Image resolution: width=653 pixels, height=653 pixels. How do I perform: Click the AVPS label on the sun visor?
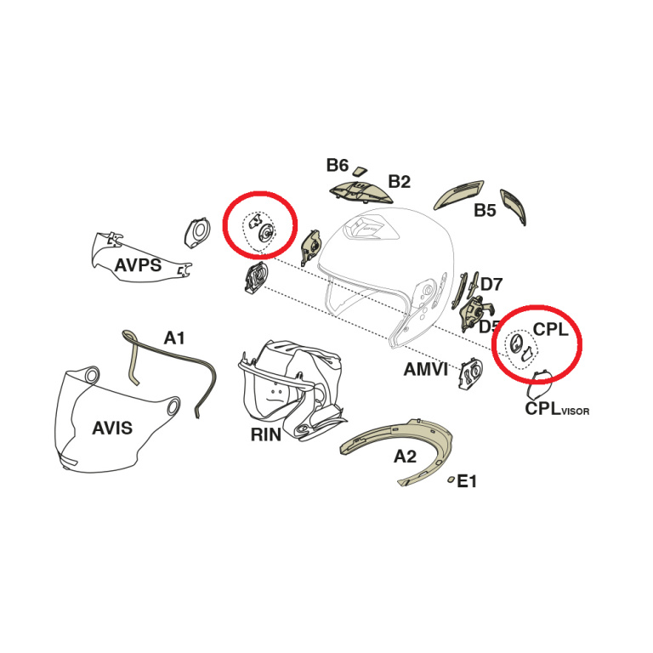pyautogui.click(x=138, y=265)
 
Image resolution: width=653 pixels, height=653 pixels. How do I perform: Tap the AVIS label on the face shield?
pyautogui.click(x=112, y=428)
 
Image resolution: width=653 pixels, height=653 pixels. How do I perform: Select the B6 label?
pyautogui.click(x=337, y=165)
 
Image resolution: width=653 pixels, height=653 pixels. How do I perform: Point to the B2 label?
pyautogui.click(x=399, y=182)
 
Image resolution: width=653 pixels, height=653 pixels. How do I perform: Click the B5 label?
pyautogui.click(x=485, y=210)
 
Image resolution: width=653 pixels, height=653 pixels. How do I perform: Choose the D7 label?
pyautogui.click(x=491, y=285)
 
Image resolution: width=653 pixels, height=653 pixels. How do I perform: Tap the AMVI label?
pyautogui.click(x=426, y=369)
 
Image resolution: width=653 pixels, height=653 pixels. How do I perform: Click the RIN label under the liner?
pyautogui.click(x=265, y=434)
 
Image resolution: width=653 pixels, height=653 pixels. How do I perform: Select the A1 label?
pyautogui.click(x=174, y=338)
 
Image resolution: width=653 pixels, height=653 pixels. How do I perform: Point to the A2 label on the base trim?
pyautogui.click(x=406, y=457)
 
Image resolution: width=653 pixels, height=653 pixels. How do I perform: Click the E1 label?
pyautogui.click(x=467, y=481)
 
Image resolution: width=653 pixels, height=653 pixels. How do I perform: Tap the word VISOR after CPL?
pyautogui.click(x=575, y=412)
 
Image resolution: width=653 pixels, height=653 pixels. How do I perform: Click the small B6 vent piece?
pyautogui.click(x=360, y=170)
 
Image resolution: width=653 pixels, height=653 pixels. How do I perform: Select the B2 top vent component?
pyautogui.click(x=361, y=192)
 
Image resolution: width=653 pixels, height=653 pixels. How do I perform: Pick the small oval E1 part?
pyautogui.click(x=451, y=480)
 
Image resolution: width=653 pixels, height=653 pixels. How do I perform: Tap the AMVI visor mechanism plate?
pyautogui.click(x=470, y=373)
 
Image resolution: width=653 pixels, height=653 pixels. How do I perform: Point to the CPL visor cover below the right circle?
pyautogui.click(x=539, y=383)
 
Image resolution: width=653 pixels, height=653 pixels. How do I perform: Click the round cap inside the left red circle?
pyautogui.click(x=265, y=231)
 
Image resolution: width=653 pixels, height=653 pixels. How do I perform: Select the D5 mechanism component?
pyautogui.click(x=475, y=312)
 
